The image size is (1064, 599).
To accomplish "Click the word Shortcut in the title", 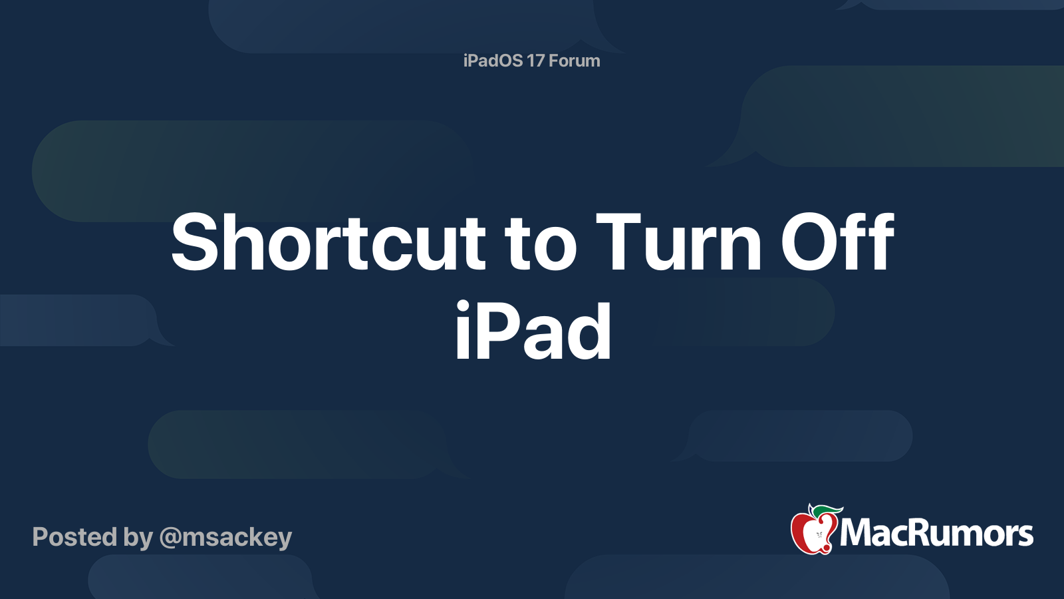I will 329,244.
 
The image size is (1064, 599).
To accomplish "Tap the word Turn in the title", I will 678,244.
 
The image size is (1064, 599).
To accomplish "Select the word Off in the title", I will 837,244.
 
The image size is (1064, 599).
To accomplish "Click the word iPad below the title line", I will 533,331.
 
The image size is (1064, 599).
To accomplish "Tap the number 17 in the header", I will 535,61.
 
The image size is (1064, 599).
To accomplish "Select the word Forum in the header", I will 574,61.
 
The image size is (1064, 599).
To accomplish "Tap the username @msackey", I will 225,537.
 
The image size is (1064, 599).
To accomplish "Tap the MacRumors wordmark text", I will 936,533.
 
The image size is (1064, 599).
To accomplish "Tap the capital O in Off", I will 805,244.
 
